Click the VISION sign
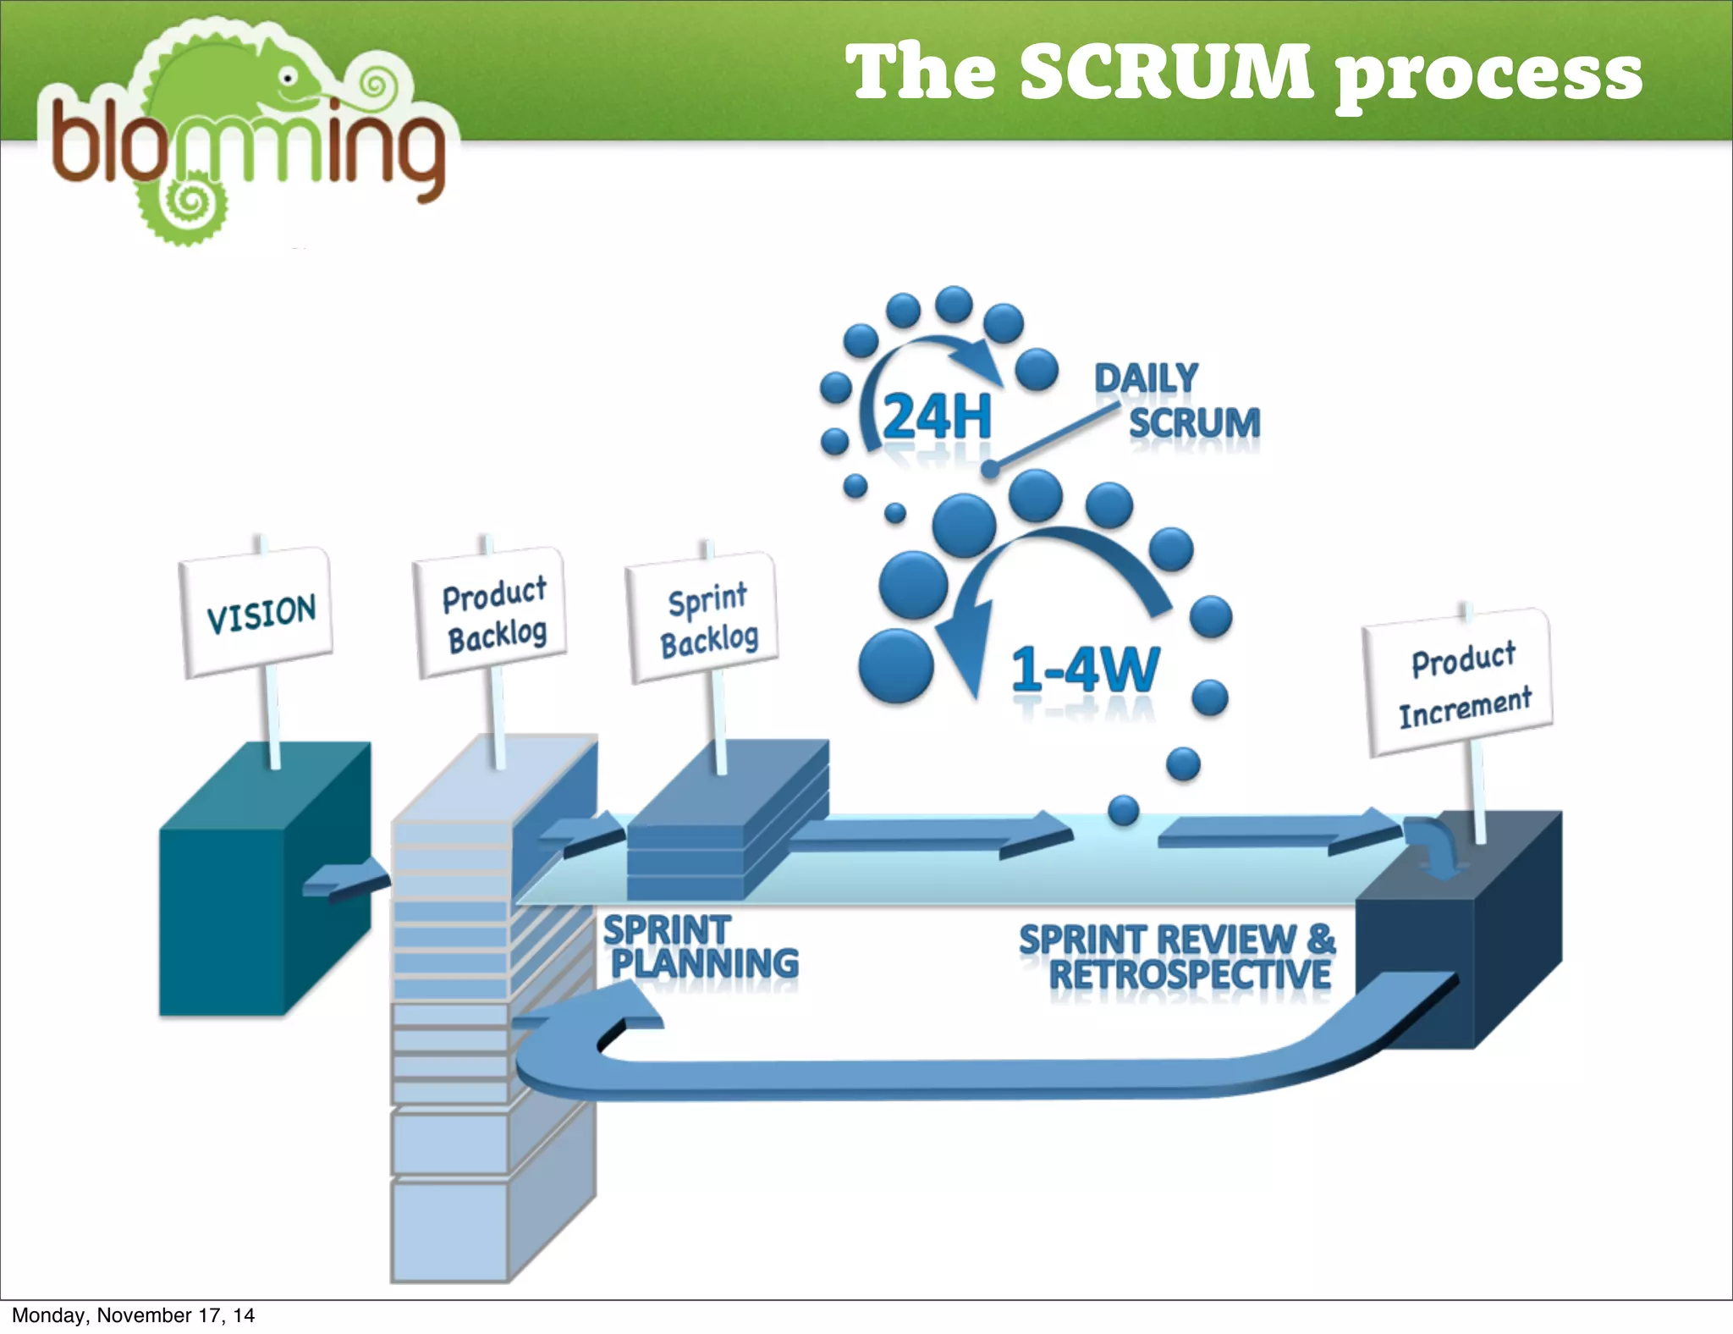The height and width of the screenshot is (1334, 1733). pos(257,612)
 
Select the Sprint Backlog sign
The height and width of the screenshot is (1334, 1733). pos(704,619)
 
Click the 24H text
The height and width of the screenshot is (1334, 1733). pos(936,416)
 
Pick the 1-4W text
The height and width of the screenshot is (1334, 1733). pos(1086,670)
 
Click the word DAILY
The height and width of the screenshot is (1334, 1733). pos(1146,378)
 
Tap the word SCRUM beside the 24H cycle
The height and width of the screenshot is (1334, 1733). pos(1194,422)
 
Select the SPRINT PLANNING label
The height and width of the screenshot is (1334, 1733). pos(701,947)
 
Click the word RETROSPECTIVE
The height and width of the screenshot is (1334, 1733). pos(1189,974)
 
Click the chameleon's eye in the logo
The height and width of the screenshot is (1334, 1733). pos(289,78)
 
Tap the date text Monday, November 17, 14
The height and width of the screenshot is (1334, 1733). pos(133,1315)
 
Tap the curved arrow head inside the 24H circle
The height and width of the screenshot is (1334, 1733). pos(982,360)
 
